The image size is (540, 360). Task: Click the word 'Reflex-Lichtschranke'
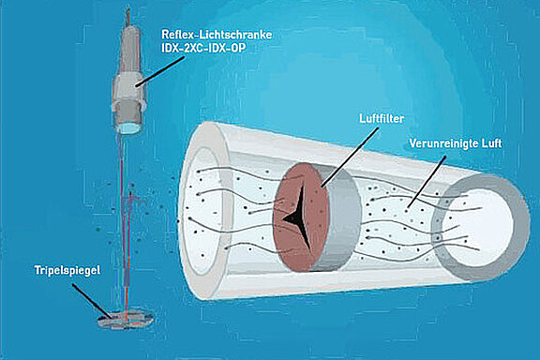[x=216, y=34]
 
